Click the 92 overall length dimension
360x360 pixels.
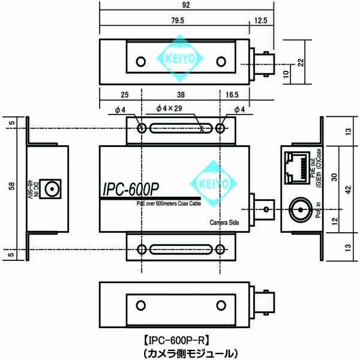(x=187, y=5)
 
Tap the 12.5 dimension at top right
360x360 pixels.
(x=261, y=20)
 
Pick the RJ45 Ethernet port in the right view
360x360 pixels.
(x=296, y=168)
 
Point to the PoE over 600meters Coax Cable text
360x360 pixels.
(x=167, y=204)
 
